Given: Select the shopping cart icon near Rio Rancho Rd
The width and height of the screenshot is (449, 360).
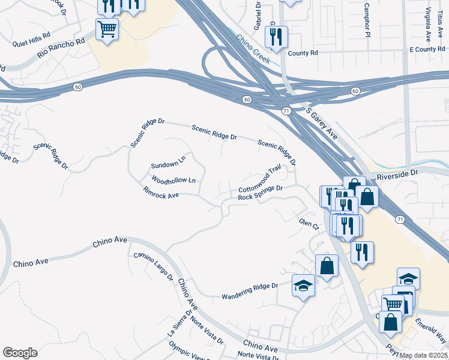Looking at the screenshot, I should (107, 29).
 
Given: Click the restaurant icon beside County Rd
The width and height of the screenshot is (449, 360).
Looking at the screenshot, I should (276, 38).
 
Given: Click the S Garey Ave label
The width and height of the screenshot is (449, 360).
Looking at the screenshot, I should (322, 124).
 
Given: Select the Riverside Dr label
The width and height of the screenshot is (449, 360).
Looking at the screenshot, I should (397, 173).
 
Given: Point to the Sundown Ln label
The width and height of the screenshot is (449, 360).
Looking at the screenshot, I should (169, 164).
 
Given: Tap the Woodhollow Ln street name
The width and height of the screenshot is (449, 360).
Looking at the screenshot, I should (173, 180).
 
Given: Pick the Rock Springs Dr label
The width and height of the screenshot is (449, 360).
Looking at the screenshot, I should (260, 193).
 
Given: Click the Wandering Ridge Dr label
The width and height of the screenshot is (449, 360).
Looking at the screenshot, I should (250, 291).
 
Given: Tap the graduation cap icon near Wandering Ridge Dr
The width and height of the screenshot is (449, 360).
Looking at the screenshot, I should (304, 286).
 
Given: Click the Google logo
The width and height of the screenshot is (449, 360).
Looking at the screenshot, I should (20, 352).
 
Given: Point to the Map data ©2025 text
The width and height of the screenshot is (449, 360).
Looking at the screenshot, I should (423, 355).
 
